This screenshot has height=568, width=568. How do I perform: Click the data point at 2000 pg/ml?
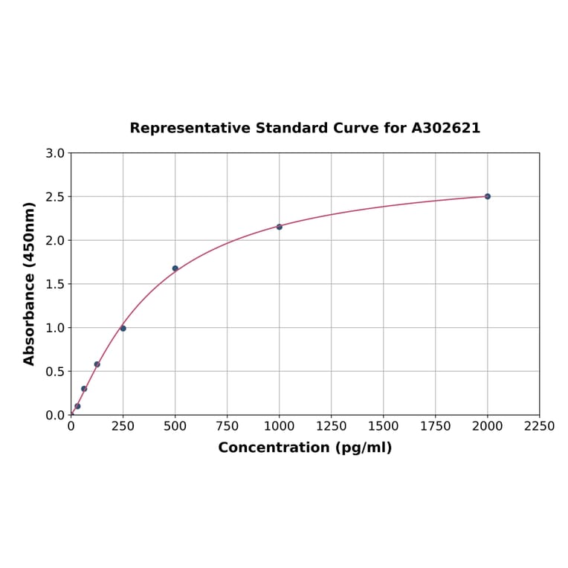[487, 196]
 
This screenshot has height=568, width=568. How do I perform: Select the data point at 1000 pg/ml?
[280, 227]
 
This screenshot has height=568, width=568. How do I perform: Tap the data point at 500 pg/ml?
[175, 268]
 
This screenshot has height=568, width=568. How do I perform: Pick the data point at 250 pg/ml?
[123, 328]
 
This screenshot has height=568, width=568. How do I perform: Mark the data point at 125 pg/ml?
[97, 364]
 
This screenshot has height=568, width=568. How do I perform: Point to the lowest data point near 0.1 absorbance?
[77, 406]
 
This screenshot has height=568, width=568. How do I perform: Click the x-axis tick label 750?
[227, 427]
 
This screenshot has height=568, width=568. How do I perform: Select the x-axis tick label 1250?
[331, 427]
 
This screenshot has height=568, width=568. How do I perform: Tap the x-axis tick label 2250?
[539, 427]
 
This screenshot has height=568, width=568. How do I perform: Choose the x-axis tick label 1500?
[383, 427]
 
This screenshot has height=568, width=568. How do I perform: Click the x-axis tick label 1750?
[435, 427]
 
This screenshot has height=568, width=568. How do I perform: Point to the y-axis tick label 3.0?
[55, 153]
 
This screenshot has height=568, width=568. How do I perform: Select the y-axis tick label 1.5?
[55, 284]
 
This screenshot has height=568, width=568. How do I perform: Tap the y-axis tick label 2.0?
[55, 240]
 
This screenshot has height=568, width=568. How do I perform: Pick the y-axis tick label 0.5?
[55, 371]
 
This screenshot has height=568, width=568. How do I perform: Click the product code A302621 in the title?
[446, 129]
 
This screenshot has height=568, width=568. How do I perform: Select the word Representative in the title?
[189, 129]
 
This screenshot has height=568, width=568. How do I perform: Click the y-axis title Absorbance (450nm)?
[30, 283]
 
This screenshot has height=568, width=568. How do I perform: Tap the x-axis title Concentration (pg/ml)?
[305, 448]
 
